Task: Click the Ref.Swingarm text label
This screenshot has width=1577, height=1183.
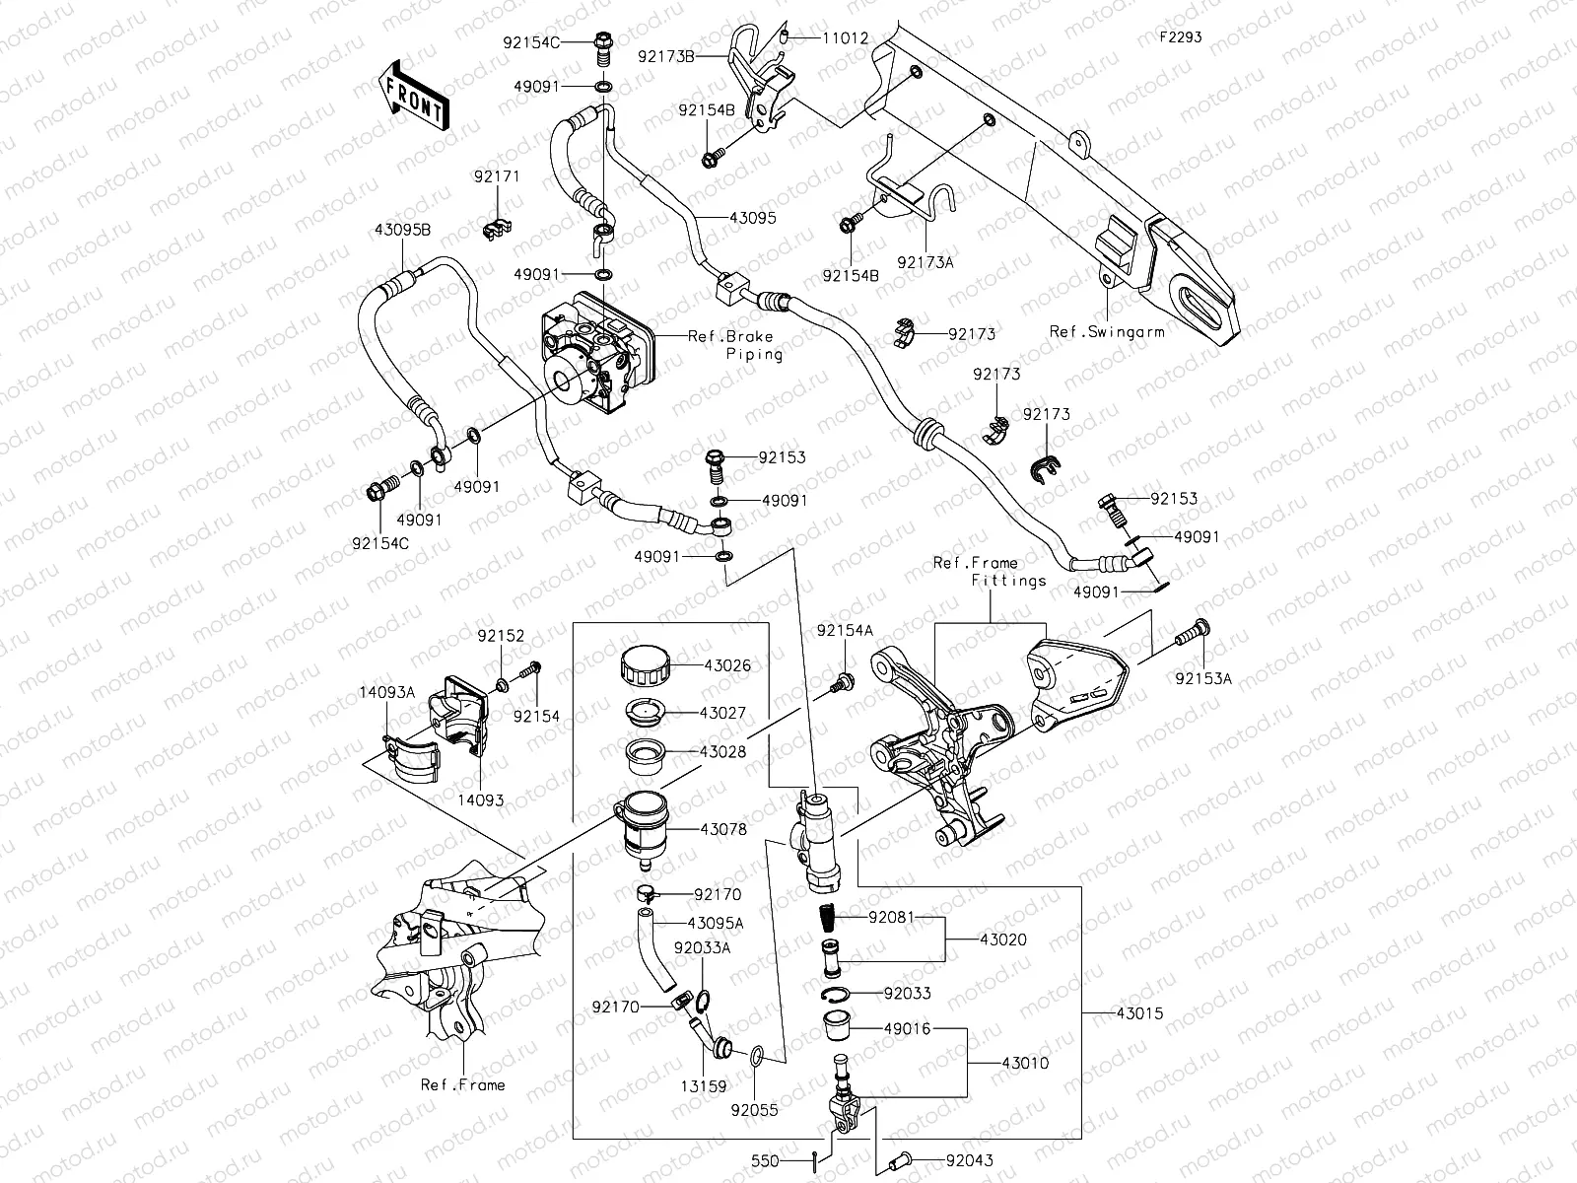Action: pyautogui.click(x=1106, y=331)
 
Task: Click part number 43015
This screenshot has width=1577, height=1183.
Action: pyautogui.click(x=1139, y=1012)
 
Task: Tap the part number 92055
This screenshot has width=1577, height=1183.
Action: pyautogui.click(x=754, y=1109)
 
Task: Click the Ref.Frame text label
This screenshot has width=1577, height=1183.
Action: pyautogui.click(x=462, y=1084)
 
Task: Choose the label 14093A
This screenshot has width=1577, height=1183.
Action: pyautogui.click(x=386, y=693)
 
